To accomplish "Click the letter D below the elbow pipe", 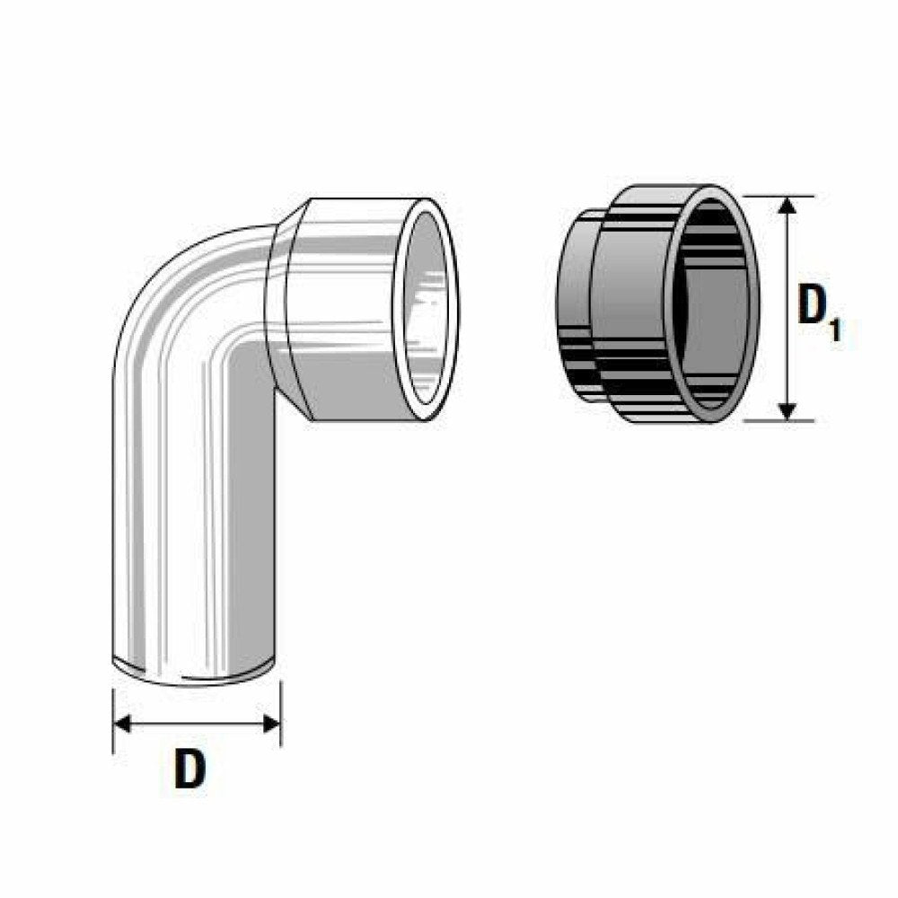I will point(189,770).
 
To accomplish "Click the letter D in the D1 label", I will point(814,307).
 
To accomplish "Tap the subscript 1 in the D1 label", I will point(836,330).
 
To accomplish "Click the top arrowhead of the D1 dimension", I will point(788,206).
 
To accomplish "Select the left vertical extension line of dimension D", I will point(113,718).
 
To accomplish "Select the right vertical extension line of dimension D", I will point(281,714).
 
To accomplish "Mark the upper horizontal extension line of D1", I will point(781,196).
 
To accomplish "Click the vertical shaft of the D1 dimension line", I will point(788,269).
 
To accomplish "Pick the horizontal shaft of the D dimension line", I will point(198,724).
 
